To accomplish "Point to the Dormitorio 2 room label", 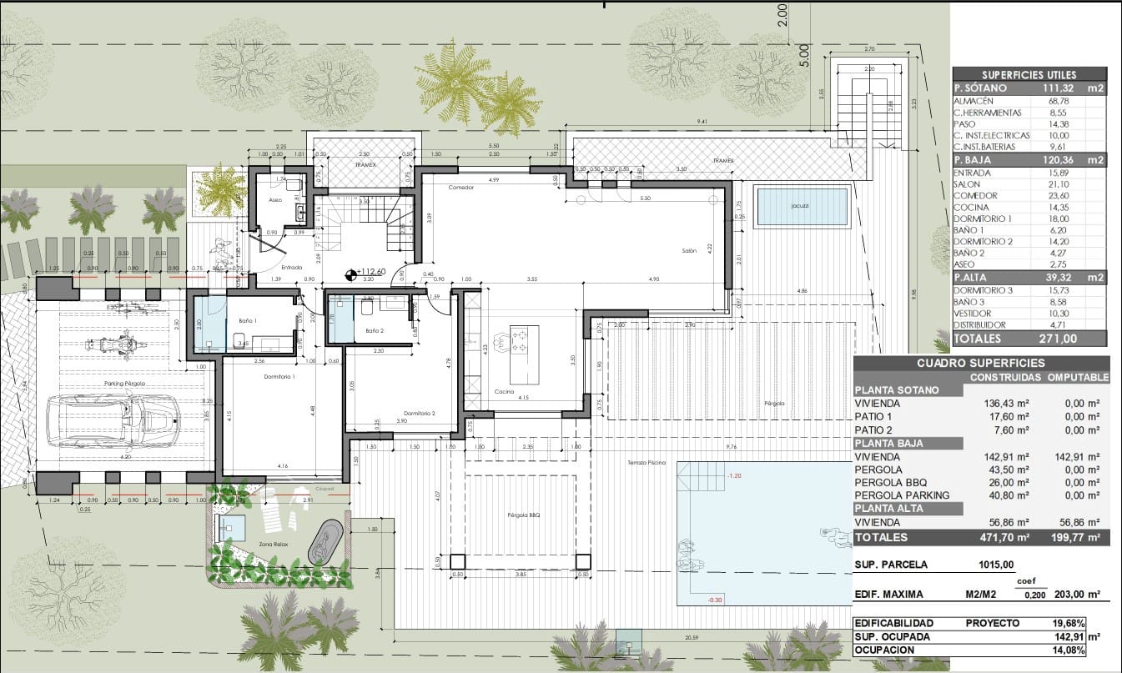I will coord(420,414).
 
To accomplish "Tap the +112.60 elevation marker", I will coord(370,272).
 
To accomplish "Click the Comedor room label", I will coord(460,188).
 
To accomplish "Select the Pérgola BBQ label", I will coord(524,515).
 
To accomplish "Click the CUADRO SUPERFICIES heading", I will coord(980,364).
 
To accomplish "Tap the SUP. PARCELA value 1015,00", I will coord(996,565).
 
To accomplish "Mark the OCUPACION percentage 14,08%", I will coord(1081,650).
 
